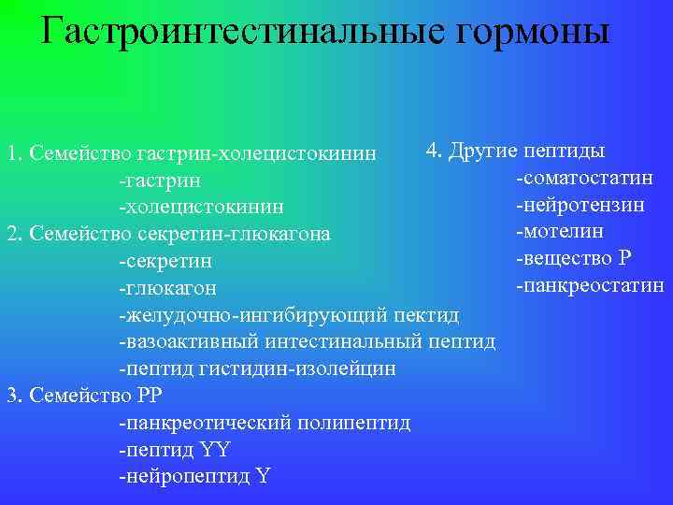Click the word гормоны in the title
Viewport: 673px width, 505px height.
(529, 32)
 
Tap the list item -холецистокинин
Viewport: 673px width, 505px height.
(201, 206)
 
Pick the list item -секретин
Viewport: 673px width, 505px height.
(165, 260)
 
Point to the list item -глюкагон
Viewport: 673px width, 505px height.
(167, 287)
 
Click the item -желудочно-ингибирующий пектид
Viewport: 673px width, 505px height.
(289, 314)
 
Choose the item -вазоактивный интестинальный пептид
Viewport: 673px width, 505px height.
(307, 341)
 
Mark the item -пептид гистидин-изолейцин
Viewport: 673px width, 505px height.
(257, 368)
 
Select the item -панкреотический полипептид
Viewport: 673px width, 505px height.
(265, 423)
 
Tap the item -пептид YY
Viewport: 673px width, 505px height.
(174, 450)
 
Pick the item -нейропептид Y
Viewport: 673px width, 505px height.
(193, 477)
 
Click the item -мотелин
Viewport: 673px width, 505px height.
(559, 231)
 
